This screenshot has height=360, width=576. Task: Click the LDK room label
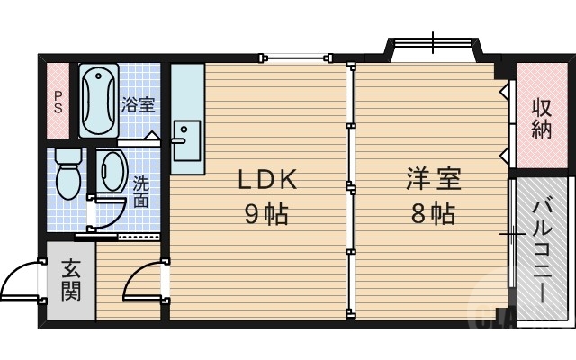click(267, 180)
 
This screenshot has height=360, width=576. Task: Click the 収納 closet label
click(541, 118)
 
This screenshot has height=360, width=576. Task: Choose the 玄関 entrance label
click(71, 280)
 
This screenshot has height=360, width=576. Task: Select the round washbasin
click(112, 170)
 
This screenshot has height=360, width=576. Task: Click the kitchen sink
click(188, 140)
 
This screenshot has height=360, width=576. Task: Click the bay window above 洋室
click(434, 47)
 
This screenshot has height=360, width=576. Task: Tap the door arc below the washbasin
click(109, 212)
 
